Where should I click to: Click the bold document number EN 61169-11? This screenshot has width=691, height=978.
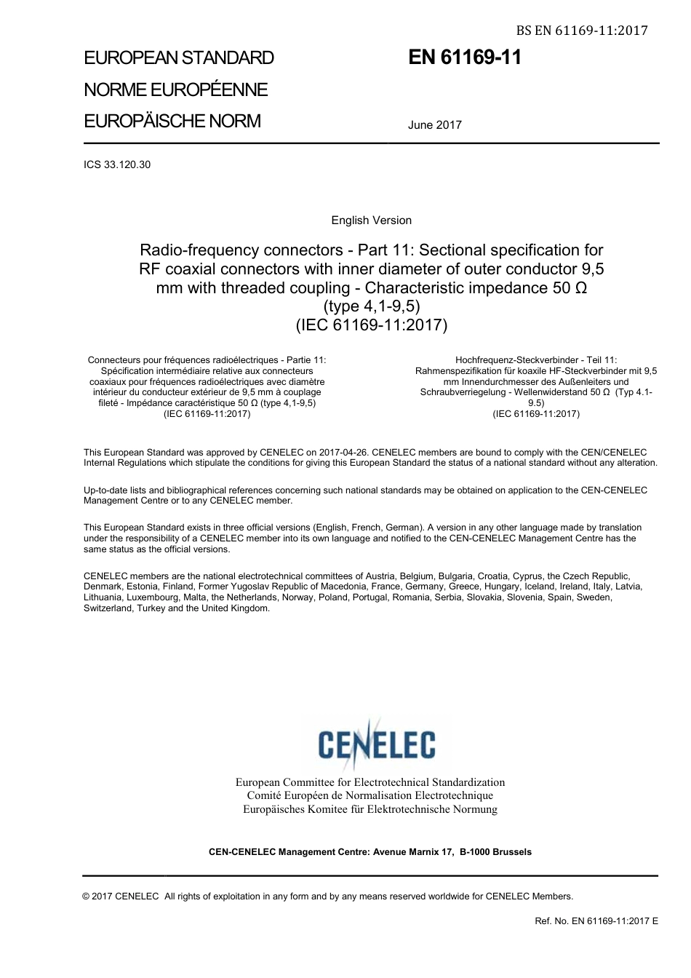pos(465,58)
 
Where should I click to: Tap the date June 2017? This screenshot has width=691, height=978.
pos(434,125)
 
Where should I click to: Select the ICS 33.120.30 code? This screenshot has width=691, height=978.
pos(117,164)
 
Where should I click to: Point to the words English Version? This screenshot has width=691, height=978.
pos(371,220)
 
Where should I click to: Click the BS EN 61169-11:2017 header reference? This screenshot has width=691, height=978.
pos(581,31)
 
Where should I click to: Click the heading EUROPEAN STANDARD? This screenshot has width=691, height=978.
pos(179,58)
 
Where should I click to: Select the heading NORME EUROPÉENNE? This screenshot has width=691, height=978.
pos(176,90)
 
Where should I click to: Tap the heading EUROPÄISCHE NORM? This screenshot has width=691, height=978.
pos(172,122)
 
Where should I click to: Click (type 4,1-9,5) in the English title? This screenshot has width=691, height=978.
pos(371,306)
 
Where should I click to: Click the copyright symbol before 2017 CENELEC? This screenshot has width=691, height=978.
pos(87,896)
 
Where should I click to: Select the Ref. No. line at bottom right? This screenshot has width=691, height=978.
pos(596,921)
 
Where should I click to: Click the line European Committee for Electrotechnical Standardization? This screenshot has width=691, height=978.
pos(370,782)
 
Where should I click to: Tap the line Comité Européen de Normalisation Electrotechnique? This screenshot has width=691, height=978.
pos(370,796)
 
